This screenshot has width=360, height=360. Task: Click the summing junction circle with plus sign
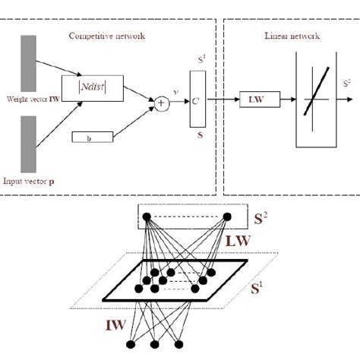pos(163,99)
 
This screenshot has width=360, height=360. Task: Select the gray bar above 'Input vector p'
pos(26,144)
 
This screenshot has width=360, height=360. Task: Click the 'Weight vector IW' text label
pos(32,99)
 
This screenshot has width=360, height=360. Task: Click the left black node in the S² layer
pos(147,217)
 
